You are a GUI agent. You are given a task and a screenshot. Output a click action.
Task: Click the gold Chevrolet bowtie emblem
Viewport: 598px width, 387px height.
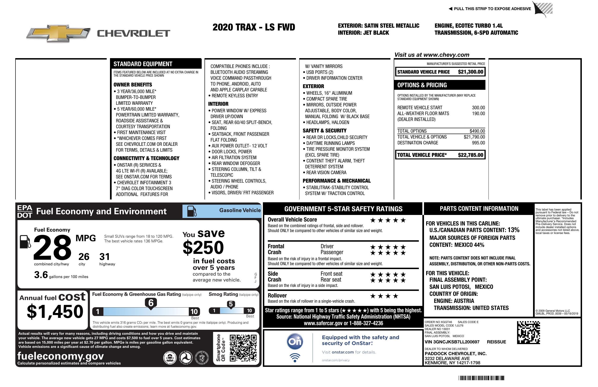58,33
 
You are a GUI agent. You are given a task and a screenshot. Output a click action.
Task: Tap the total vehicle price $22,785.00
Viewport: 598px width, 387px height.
470,155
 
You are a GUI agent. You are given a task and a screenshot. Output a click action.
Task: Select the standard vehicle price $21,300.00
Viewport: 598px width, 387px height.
470,72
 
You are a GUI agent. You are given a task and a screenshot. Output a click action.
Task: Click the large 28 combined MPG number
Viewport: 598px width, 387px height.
52,247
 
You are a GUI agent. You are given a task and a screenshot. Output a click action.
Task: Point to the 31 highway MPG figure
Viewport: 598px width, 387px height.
105,257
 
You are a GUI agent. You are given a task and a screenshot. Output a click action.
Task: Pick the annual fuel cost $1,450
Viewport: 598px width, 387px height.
55,312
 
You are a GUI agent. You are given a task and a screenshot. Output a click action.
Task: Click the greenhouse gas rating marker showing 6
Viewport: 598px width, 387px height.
151,303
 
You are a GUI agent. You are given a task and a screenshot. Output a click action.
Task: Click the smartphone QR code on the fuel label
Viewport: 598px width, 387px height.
243,348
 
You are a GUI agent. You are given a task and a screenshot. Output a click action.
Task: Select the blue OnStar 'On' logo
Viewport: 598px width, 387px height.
295,342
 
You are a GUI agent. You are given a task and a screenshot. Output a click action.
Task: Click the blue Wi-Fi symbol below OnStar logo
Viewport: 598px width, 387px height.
295,358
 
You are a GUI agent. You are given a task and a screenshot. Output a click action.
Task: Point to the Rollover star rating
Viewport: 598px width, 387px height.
384,296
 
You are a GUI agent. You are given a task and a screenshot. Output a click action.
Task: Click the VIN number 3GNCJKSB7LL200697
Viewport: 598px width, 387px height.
452,342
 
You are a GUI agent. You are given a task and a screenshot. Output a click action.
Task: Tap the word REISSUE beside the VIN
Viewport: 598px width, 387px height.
496,342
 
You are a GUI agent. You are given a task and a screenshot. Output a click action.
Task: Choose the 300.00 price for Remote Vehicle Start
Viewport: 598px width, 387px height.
478,108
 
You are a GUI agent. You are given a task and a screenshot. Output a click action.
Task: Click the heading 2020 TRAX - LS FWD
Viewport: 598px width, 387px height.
254,27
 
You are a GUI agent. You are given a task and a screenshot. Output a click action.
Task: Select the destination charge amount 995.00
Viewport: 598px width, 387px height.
478,143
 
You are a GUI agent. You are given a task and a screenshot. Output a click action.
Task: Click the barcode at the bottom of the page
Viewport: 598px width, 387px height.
481,378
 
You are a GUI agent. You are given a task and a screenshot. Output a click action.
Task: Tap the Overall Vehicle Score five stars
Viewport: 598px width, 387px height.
388,220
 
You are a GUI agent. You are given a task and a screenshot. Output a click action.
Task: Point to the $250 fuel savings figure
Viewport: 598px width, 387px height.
203,247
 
